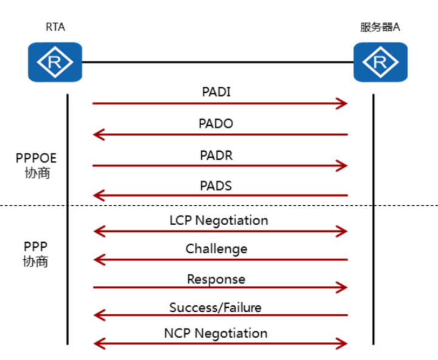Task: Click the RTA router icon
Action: (x=55, y=62)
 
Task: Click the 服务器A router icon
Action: (x=381, y=62)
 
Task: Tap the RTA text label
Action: (x=55, y=27)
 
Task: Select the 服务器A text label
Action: (x=380, y=27)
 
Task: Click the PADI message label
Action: (x=216, y=92)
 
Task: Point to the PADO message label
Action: (x=216, y=123)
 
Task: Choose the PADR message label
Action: (x=216, y=155)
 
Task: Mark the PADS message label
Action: (x=216, y=186)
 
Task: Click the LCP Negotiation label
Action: (x=219, y=220)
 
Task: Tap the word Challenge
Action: (x=216, y=249)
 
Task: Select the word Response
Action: (x=216, y=279)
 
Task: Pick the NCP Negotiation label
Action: (x=216, y=333)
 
